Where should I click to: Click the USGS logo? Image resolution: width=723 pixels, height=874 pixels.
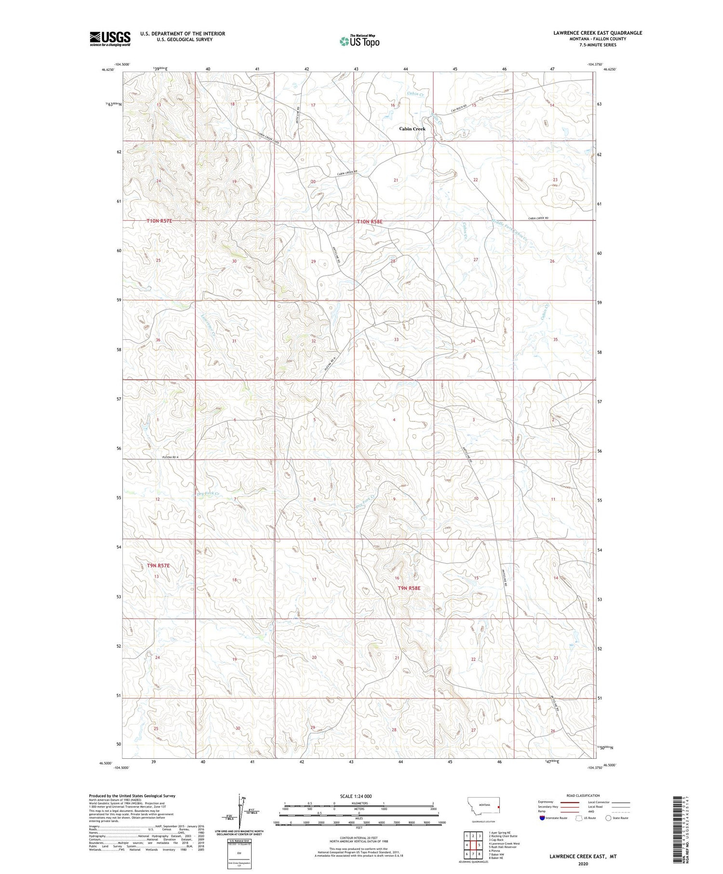pyautogui.click(x=110, y=39)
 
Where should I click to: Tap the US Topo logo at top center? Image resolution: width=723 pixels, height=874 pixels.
pyautogui.click(x=359, y=41)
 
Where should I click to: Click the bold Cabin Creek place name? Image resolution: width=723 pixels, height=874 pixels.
pyautogui.click(x=412, y=129)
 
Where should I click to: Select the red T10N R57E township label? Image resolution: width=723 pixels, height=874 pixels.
pyautogui.click(x=159, y=221)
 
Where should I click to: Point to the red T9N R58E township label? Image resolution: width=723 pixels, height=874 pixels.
pyautogui.click(x=409, y=588)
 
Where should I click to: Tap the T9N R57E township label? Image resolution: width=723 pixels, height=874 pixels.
pyautogui.click(x=158, y=565)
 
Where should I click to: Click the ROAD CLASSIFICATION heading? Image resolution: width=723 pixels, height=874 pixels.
pyautogui.click(x=583, y=795)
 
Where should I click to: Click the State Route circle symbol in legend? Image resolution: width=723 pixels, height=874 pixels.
pyautogui.click(x=608, y=818)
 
